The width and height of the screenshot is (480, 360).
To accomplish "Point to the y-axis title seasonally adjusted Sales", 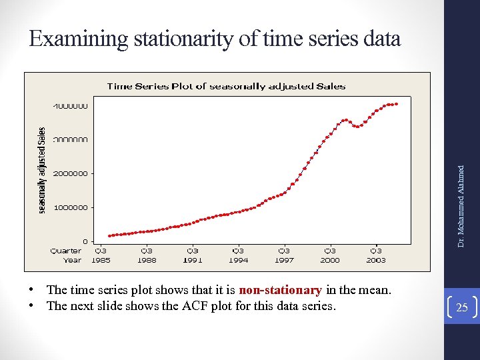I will point(41,171).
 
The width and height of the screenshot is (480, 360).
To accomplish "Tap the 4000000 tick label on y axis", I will point(69,105).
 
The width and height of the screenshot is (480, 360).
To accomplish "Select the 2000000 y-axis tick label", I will point(69,173).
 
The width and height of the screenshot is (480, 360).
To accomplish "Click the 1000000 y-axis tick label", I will point(69,207).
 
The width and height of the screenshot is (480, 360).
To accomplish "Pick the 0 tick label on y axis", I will point(85,241).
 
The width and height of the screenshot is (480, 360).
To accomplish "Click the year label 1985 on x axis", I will point(100,260).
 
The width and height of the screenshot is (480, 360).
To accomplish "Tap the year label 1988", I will point(146,260).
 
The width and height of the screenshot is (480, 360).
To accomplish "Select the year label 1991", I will point(192,260).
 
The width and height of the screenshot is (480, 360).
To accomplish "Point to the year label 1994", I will point(238,260).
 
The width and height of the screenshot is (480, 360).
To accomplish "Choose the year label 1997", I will point(284,260).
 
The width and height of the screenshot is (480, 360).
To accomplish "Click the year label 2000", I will point(330,260).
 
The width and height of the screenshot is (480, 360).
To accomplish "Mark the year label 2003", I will point(376,260).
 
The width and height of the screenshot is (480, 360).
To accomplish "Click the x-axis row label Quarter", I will point(66,251).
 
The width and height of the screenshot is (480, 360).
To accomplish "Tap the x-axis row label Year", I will point(72,260).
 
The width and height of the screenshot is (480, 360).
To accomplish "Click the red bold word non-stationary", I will point(280,290).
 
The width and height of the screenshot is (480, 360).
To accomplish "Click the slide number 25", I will point(462,307).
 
